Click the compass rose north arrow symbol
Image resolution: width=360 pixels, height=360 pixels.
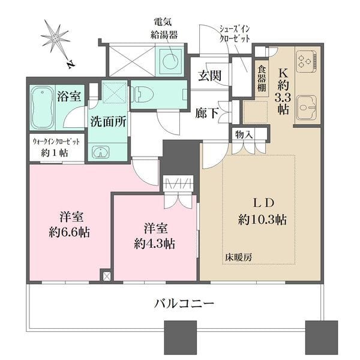point(58,39)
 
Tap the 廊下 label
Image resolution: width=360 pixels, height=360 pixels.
point(206,113)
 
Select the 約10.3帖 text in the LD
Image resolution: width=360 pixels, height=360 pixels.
point(262,220)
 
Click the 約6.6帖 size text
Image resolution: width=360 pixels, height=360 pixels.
point(70,232)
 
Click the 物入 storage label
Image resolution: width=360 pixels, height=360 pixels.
point(244,133)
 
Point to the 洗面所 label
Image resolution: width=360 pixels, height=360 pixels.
point(108,121)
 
